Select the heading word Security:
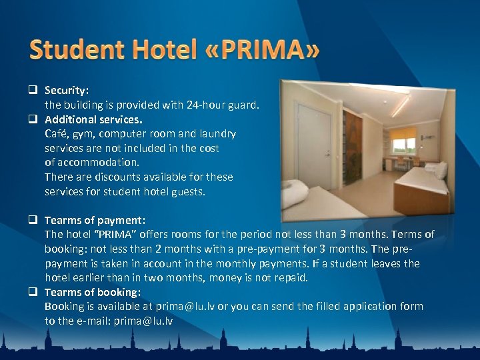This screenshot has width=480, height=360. [67, 89]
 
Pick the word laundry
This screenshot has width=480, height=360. [217, 133]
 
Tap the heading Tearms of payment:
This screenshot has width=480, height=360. [95, 220]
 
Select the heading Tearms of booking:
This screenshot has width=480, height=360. [92, 292]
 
